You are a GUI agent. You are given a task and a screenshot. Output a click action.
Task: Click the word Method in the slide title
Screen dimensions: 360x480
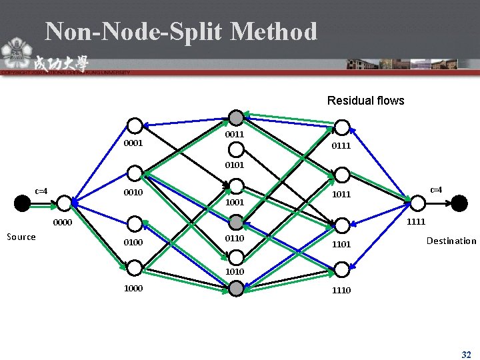coord(273,31)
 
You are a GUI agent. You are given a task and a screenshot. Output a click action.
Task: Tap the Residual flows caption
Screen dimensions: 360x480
coord(365,101)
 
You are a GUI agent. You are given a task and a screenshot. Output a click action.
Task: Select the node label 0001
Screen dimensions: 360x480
coord(134,143)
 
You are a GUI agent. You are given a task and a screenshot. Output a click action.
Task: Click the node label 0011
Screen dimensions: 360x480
coord(235,134)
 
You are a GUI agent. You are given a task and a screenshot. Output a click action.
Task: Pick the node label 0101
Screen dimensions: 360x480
coord(235,164)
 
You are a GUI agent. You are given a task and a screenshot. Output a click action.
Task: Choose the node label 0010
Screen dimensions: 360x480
coord(134,193)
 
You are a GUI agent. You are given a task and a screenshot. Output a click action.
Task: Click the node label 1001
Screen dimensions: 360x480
coord(235,201)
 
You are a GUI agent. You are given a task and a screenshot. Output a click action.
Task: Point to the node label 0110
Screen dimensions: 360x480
coord(235,238)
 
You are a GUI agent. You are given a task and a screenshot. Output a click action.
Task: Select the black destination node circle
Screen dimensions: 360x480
coord(459,203)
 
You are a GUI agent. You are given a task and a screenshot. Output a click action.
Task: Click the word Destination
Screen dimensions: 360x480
coord(451,241)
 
